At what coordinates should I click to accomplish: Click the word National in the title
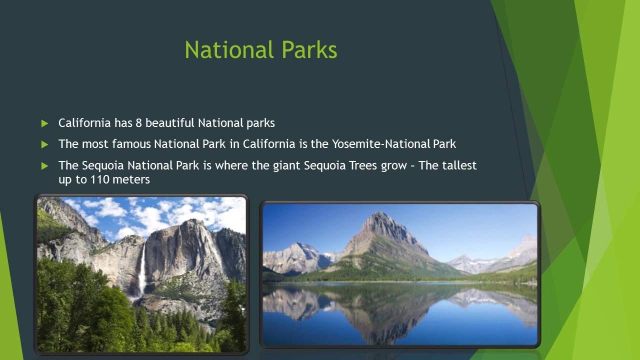[x=229, y=49]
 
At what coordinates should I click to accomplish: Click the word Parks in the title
[x=309, y=49]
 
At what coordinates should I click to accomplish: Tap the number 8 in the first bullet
[x=138, y=123]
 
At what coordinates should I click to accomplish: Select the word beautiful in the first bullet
[x=169, y=123]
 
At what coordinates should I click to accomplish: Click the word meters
[x=131, y=179]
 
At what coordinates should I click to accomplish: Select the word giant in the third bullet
[x=286, y=166]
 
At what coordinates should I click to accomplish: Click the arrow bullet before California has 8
[x=44, y=123]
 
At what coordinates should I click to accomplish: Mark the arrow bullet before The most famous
[x=44, y=144]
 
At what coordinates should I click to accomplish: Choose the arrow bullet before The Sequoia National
[x=44, y=166]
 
